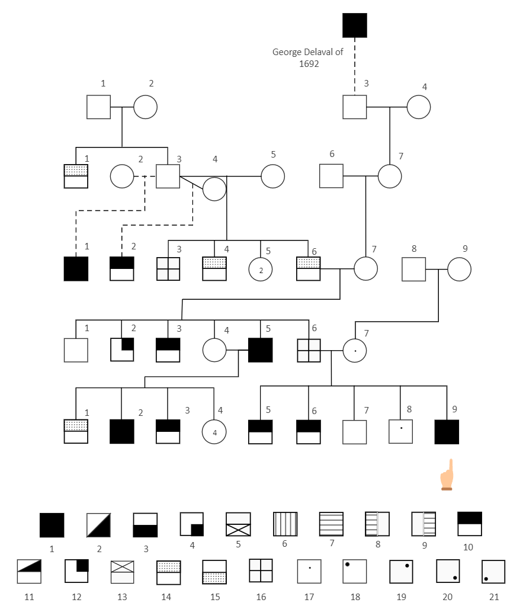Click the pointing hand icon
coord(447,475)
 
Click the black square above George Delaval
coord(354,25)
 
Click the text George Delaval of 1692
coord(308,57)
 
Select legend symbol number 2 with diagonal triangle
coord(99,525)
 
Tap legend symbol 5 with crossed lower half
coord(238,524)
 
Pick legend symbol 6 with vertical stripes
coord(285,524)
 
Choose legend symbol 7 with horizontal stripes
coord(331,524)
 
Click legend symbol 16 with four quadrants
coord(261,570)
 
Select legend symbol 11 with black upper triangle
coord(29,571)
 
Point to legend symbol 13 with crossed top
coord(122,572)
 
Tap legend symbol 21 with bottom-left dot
coord(493,572)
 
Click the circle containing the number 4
coord(214,432)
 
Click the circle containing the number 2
coord(261,269)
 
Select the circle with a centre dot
coord(355,350)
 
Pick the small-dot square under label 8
coord(401,431)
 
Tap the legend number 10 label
coord(469,547)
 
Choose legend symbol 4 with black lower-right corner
coord(192,524)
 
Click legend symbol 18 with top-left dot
coord(354,571)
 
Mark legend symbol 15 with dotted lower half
coord(214,572)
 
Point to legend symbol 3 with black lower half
coord(145,525)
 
